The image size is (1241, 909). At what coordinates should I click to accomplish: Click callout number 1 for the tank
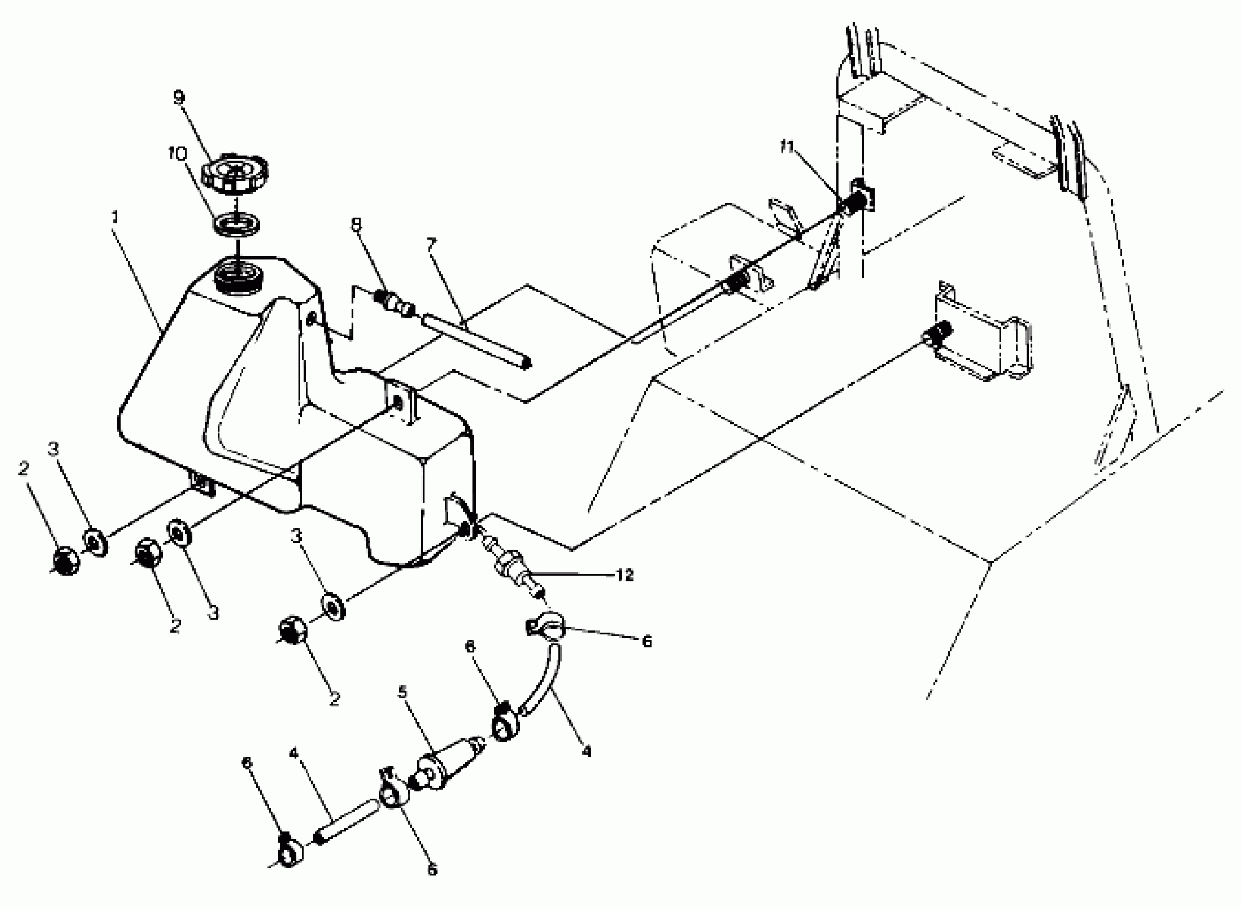[115, 217]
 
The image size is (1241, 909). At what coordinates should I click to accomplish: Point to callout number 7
[431, 243]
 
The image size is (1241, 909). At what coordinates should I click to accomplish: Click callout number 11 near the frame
[787, 148]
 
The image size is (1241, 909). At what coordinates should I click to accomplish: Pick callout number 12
[625, 575]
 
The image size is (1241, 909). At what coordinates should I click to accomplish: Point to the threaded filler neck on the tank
[241, 278]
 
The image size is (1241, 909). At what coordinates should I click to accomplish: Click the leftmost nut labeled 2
[65, 561]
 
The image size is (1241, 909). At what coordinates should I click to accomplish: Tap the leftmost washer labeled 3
[96, 542]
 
